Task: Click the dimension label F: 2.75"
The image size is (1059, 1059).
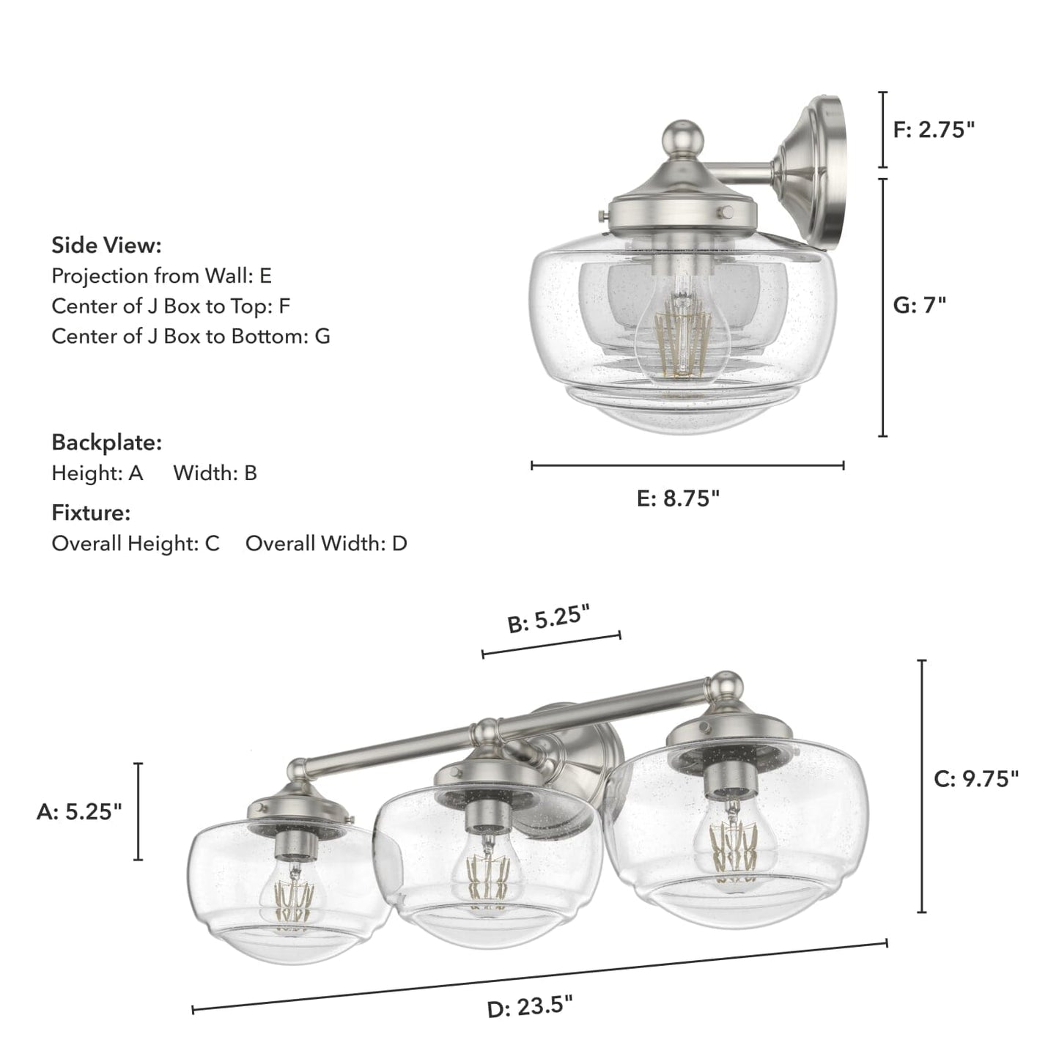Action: point(934,130)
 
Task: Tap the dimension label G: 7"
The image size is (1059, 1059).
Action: point(919,305)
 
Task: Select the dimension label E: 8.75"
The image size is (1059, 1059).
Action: point(678,498)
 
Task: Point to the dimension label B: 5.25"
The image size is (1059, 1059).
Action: point(549,619)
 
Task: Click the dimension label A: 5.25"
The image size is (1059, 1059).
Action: point(79,811)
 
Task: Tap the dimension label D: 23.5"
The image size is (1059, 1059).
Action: point(530,1007)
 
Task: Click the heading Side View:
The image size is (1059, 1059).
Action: point(106,245)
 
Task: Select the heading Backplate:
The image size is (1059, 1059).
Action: point(106,443)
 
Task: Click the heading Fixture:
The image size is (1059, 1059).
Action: point(91,513)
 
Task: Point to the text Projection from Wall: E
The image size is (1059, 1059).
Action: point(161,276)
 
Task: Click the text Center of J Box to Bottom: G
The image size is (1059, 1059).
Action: point(191,336)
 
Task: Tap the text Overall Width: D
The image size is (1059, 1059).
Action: point(326,544)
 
